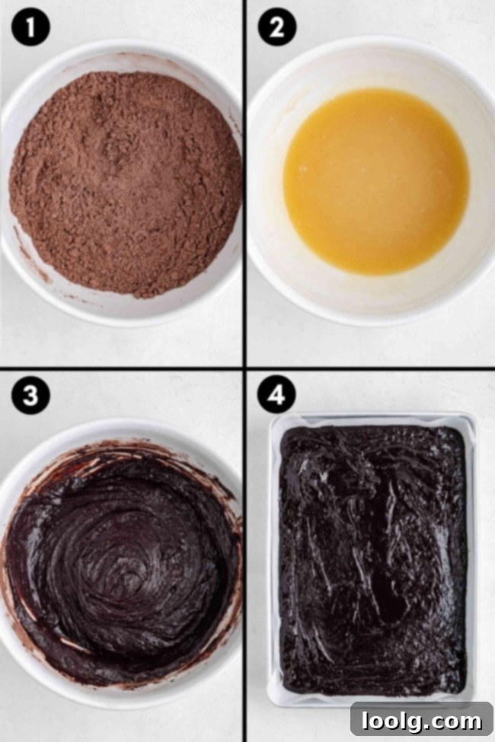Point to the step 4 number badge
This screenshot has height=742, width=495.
pos(276,396)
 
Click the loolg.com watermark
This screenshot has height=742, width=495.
pos(421,718)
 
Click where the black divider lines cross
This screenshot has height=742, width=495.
pos(244,368)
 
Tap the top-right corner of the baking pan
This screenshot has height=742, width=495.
pos(473,416)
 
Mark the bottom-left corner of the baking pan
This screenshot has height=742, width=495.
pos(272,703)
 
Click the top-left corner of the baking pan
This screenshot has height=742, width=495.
pos(272,416)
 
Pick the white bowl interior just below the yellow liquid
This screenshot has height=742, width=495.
pos(373,293)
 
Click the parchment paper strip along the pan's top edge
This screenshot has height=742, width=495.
pos(372,421)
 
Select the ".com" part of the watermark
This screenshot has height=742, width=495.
pos(458,718)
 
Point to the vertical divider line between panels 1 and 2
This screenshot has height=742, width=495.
pos(244,183)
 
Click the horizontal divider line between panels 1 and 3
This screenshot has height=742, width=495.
pos(122,368)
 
